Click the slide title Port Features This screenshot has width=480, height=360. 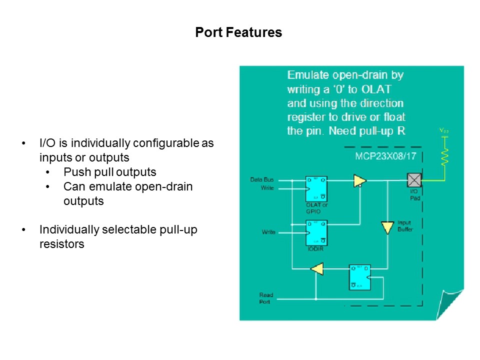coord(238,33)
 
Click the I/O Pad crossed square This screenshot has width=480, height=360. coord(414,180)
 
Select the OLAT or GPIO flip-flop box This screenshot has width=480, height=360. coord(316,188)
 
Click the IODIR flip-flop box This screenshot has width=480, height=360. coord(316,232)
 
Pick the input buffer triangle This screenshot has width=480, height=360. coord(387,227)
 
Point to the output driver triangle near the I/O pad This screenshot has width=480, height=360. coord(359,180)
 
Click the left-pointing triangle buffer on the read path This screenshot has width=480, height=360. coord(317,269)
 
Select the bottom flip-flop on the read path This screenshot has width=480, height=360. coord(359,276)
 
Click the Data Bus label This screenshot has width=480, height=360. coord(262,179)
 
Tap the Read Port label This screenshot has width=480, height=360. coord(266,298)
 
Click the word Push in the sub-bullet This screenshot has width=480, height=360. coord(75,172)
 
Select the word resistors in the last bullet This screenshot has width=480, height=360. coord(62,245)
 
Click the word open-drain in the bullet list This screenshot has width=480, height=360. coord(162,187)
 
